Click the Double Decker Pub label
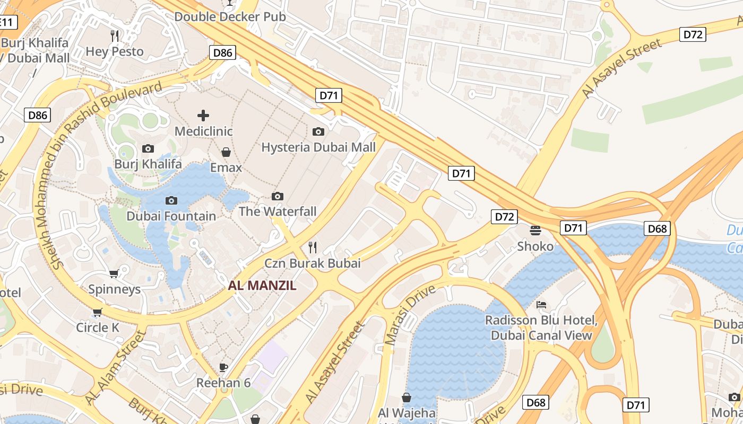click(x=230, y=16)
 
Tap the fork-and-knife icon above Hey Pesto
click(x=115, y=36)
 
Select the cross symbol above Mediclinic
click(x=203, y=115)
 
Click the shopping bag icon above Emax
click(x=226, y=152)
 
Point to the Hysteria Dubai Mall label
click(x=318, y=147)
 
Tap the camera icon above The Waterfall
click(x=277, y=196)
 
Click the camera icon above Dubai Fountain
click(x=171, y=200)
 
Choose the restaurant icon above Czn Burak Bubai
click(x=313, y=247)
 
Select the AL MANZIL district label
click(x=262, y=286)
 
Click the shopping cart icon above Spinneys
click(x=114, y=273)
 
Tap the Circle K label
click(x=98, y=328)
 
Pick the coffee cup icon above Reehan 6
click(x=223, y=367)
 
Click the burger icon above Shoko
click(x=535, y=231)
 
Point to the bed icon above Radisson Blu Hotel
click(x=541, y=305)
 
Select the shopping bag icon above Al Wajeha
click(x=407, y=397)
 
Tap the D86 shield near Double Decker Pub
click(x=222, y=52)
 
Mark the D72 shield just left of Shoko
click(x=504, y=216)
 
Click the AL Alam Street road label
click(x=115, y=368)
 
